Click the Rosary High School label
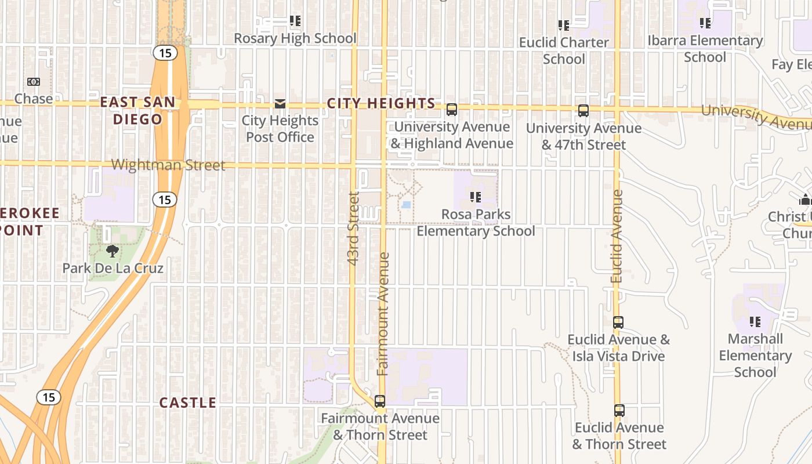coord(295,38)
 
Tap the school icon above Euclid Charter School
coord(563,26)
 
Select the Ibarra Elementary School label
coord(705,49)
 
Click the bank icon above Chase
coord(34,82)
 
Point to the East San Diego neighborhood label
coord(137,111)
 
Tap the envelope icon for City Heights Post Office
coord(280,104)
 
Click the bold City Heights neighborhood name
coord(381,103)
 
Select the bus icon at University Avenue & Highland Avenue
coord(451,109)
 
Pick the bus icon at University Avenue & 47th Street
coord(583,110)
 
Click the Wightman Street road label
coord(168,165)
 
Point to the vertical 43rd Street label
coord(354,229)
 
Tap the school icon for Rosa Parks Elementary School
coord(476,197)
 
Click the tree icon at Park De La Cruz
coord(113,251)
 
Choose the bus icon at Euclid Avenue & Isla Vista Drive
coord(618,322)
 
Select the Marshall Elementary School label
coord(755,355)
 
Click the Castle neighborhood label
coord(187,403)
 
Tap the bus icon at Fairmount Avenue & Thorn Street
coord(380,401)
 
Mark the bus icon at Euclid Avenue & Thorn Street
coord(619,411)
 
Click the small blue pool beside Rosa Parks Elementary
coord(407,205)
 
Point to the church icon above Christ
coord(804,200)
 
